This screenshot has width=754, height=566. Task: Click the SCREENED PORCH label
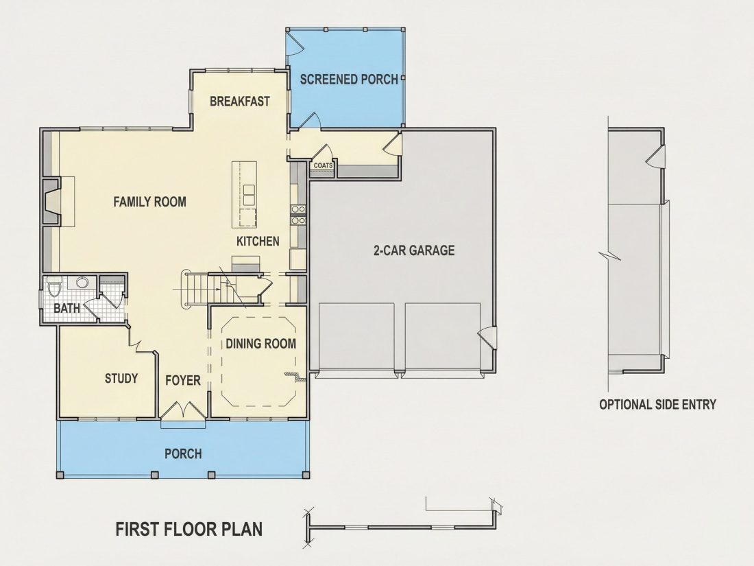pyautogui.click(x=349, y=80)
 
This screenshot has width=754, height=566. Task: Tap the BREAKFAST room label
pyautogui.click(x=240, y=102)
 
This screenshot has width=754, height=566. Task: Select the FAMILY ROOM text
pyautogui.click(x=149, y=202)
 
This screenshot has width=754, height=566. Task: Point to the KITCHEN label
pyautogui.click(x=258, y=241)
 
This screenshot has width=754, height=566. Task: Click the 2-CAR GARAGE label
pyautogui.click(x=414, y=250)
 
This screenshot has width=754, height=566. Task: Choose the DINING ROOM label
pyautogui.click(x=260, y=344)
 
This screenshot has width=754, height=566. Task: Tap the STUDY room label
pyautogui.click(x=121, y=378)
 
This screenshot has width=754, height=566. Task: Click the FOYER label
pyautogui.click(x=183, y=381)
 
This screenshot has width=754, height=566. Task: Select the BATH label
pyautogui.click(x=67, y=308)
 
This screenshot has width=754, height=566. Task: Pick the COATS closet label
pyautogui.click(x=323, y=165)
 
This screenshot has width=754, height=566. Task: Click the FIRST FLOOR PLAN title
pyautogui.click(x=189, y=530)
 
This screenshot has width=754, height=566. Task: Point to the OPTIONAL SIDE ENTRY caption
pyautogui.click(x=658, y=405)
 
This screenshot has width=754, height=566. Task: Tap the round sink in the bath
pyautogui.click(x=82, y=282)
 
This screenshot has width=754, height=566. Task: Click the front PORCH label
pyautogui.click(x=183, y=454)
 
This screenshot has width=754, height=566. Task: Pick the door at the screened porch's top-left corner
pyautogui.click(x=294, y=43)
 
